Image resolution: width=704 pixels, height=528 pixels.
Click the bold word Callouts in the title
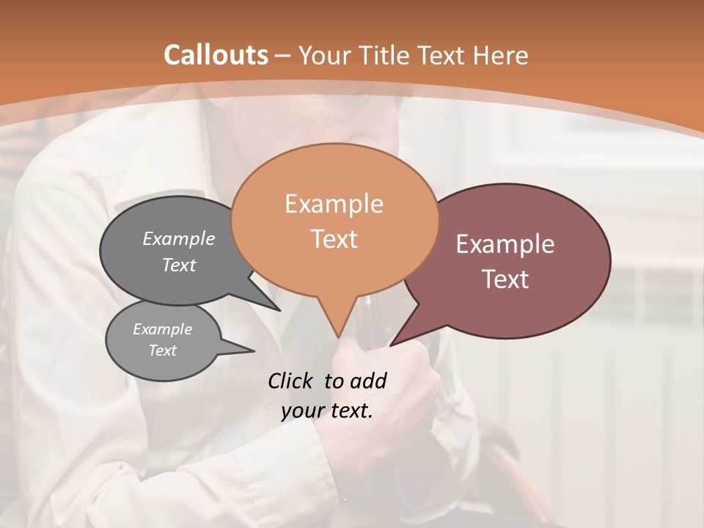[x=216, y=55]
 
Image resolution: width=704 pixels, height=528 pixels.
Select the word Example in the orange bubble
[x=334, y=204]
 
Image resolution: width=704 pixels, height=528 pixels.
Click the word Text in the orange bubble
[x=334, y=239]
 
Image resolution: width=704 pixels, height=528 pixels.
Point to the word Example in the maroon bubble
[x=505, y=244]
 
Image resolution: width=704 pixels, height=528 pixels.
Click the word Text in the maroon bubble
[x=505, y=279]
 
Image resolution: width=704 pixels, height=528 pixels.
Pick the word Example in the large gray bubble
[x=178, y=238]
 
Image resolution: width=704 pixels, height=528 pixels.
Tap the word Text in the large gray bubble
[x=178, y=265]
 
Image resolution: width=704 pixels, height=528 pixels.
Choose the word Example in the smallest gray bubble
[x=162, y=329]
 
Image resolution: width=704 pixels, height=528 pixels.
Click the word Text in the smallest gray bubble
[x=162, y=351]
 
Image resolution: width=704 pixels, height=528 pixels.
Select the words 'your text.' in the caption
[x=326, y=411]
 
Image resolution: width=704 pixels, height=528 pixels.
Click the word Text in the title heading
[x=443, y=55]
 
